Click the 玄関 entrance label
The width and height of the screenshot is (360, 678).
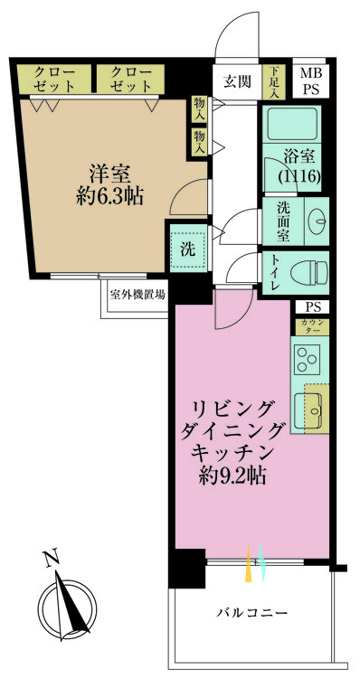(238, 81)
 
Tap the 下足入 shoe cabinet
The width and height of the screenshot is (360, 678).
(274, 81)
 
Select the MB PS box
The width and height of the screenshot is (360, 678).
(310, 81)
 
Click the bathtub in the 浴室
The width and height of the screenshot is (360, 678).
(291, 124)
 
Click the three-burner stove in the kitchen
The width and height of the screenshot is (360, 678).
(308, 360)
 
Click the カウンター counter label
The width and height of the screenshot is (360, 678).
(312, 326)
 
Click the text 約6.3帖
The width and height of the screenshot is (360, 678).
(109, 197)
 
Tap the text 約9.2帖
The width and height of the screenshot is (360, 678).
(232, 476)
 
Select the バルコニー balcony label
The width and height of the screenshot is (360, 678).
(252, 613)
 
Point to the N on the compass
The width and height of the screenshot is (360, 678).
(51, 559)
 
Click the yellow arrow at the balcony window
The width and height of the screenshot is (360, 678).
(249, 563)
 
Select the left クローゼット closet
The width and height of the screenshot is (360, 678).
(54, 79)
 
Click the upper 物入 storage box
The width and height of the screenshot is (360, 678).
(199, 109)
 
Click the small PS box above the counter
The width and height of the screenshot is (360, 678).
(312, 307)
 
